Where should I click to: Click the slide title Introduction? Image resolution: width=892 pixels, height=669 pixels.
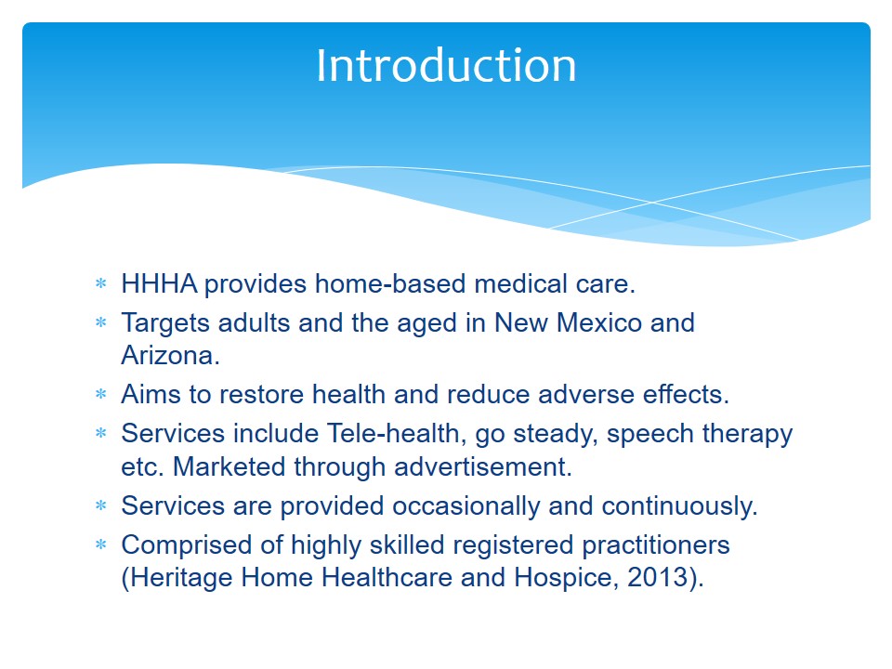(446, 65)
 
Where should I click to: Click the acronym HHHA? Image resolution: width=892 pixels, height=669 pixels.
(159, 283)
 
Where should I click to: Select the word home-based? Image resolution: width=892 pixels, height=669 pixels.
(390, 283)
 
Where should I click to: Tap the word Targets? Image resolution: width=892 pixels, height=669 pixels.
(165, 323)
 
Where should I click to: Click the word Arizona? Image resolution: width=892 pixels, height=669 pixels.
(170, 356)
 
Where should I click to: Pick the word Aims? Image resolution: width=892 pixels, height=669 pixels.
(151, 394)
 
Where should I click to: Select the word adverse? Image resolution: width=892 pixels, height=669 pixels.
(586, 394)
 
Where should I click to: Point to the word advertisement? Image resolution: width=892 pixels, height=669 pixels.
(482, 466)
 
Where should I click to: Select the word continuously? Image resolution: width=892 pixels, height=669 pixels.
(679, 506)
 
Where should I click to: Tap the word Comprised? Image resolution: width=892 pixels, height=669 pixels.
(187, 545)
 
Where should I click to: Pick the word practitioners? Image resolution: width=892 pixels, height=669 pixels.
(655, 545)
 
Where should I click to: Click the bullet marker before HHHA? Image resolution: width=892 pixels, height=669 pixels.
(101, 282)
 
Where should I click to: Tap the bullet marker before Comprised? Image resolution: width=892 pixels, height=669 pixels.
(101, 544)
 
